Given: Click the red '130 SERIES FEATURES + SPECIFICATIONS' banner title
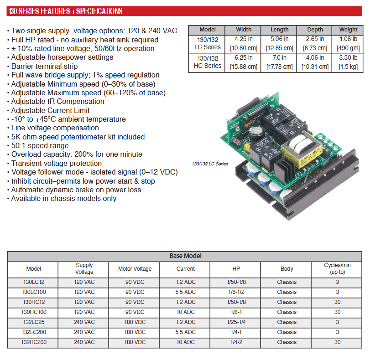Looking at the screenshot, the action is (66, 11).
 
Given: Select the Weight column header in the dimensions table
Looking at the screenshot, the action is (348, 30).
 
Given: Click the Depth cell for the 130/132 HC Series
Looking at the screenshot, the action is (315, 62).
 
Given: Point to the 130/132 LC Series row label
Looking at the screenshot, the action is (208, 43).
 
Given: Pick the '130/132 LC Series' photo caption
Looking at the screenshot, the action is (210, 164).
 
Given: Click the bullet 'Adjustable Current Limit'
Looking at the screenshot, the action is (50, 110).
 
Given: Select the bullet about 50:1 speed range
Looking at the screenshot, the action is (40, 145).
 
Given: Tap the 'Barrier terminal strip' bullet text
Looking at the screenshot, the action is (44, 66).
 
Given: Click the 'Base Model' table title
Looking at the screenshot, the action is (186, 256).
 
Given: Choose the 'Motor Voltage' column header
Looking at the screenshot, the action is (135, 269).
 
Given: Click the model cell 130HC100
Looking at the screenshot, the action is (34, 312).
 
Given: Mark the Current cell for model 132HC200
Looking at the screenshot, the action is (186, 342).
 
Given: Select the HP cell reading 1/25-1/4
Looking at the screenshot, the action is (236, 322).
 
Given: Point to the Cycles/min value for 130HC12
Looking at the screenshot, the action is (337, 302).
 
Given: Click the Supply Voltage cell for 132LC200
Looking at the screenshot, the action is (84, 332).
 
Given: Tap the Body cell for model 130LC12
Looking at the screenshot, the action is (287, 282).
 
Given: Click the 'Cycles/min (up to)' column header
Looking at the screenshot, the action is (337, 268).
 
